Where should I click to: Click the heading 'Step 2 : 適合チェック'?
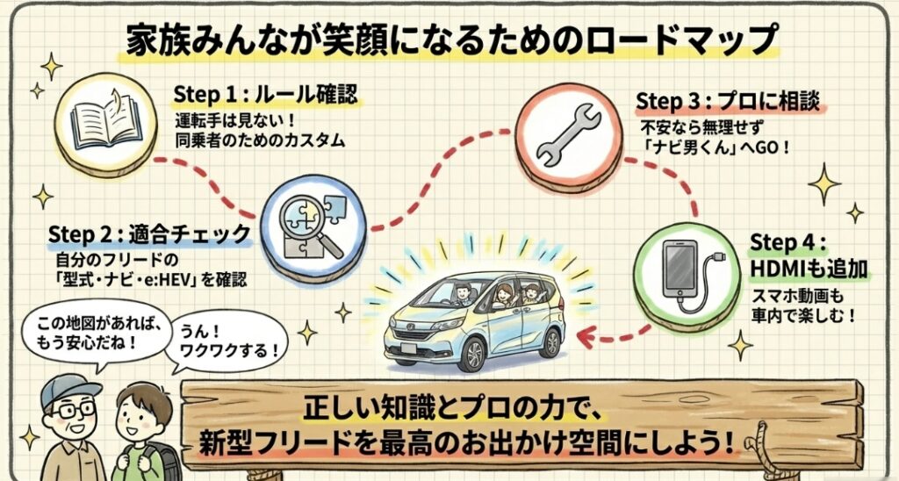[149, 234]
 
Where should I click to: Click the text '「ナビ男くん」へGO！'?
[716, 147]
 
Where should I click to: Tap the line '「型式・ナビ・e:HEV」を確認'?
[146, 281]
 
